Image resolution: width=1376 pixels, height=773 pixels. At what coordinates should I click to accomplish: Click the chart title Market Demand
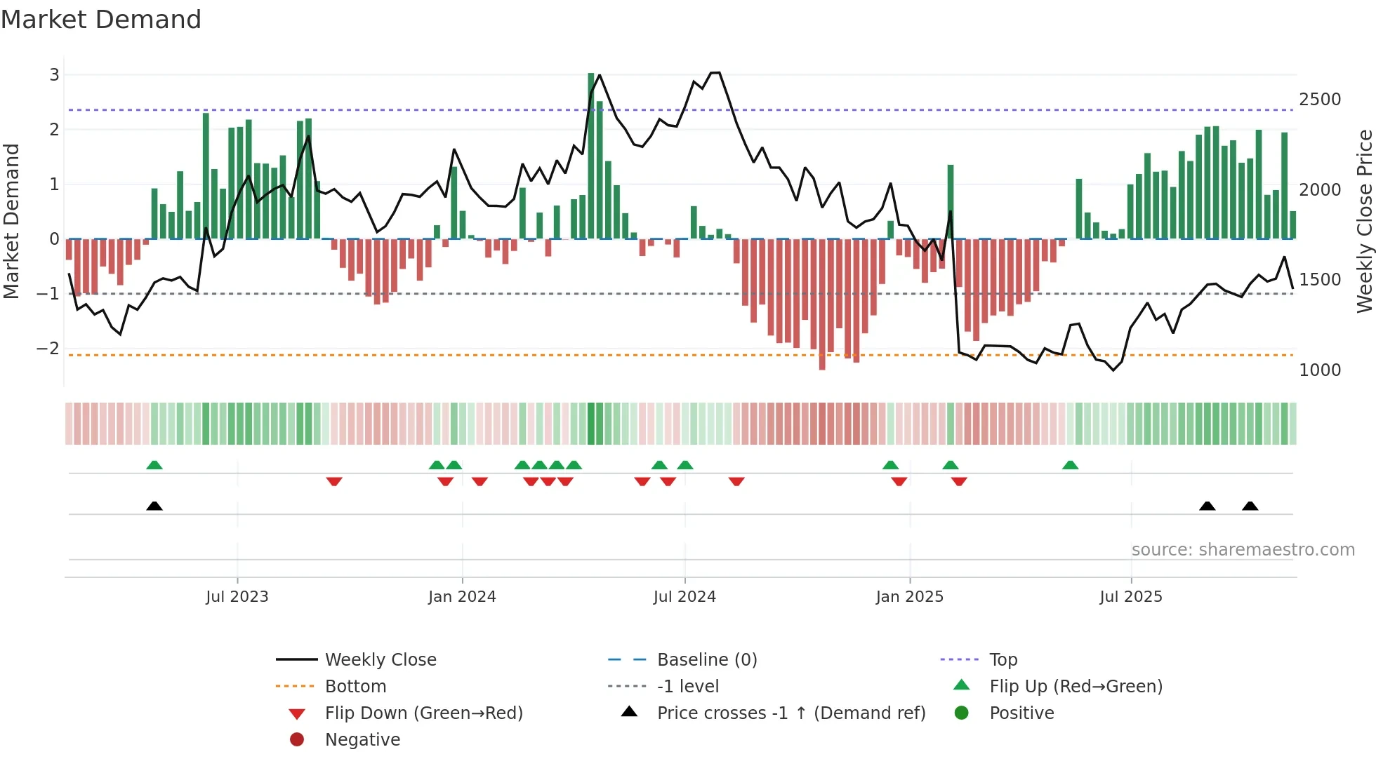pos(101,20)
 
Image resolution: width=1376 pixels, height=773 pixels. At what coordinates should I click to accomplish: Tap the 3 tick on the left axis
pos(54,74)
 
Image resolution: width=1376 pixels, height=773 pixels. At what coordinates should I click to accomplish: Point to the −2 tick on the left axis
pos(48,348)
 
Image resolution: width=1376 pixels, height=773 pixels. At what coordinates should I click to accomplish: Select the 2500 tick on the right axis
pos(1320,100)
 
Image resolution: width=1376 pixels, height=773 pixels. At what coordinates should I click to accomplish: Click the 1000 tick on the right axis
pos(1320,370)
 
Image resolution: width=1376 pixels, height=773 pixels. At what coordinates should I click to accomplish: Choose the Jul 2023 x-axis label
pos(237,597)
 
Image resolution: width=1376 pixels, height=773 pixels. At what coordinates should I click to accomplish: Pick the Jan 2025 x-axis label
pos(910,597)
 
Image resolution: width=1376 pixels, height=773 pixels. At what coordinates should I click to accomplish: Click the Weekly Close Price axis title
pos(1364,221)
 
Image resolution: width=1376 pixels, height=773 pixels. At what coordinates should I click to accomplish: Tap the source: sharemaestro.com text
pos(1243,550)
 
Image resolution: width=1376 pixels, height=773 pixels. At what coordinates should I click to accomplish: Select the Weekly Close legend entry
pos(381,660)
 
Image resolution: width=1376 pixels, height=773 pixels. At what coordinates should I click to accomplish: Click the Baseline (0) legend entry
pos(707,660)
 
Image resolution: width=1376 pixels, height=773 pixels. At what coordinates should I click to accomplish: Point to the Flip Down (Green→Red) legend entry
pos(423,713)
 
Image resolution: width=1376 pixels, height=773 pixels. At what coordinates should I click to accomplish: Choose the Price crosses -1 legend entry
pos(791,713)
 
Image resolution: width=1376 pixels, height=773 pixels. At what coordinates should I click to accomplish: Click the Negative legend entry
pos(362,740)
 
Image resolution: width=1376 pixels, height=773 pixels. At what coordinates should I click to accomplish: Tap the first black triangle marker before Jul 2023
pos(154,506)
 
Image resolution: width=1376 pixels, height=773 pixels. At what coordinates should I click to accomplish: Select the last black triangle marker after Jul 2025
pos(1250,506)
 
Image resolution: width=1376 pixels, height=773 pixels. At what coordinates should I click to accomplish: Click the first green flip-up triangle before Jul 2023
pos(154,464)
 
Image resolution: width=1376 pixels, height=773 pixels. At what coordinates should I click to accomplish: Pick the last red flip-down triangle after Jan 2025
pos(959,481)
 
